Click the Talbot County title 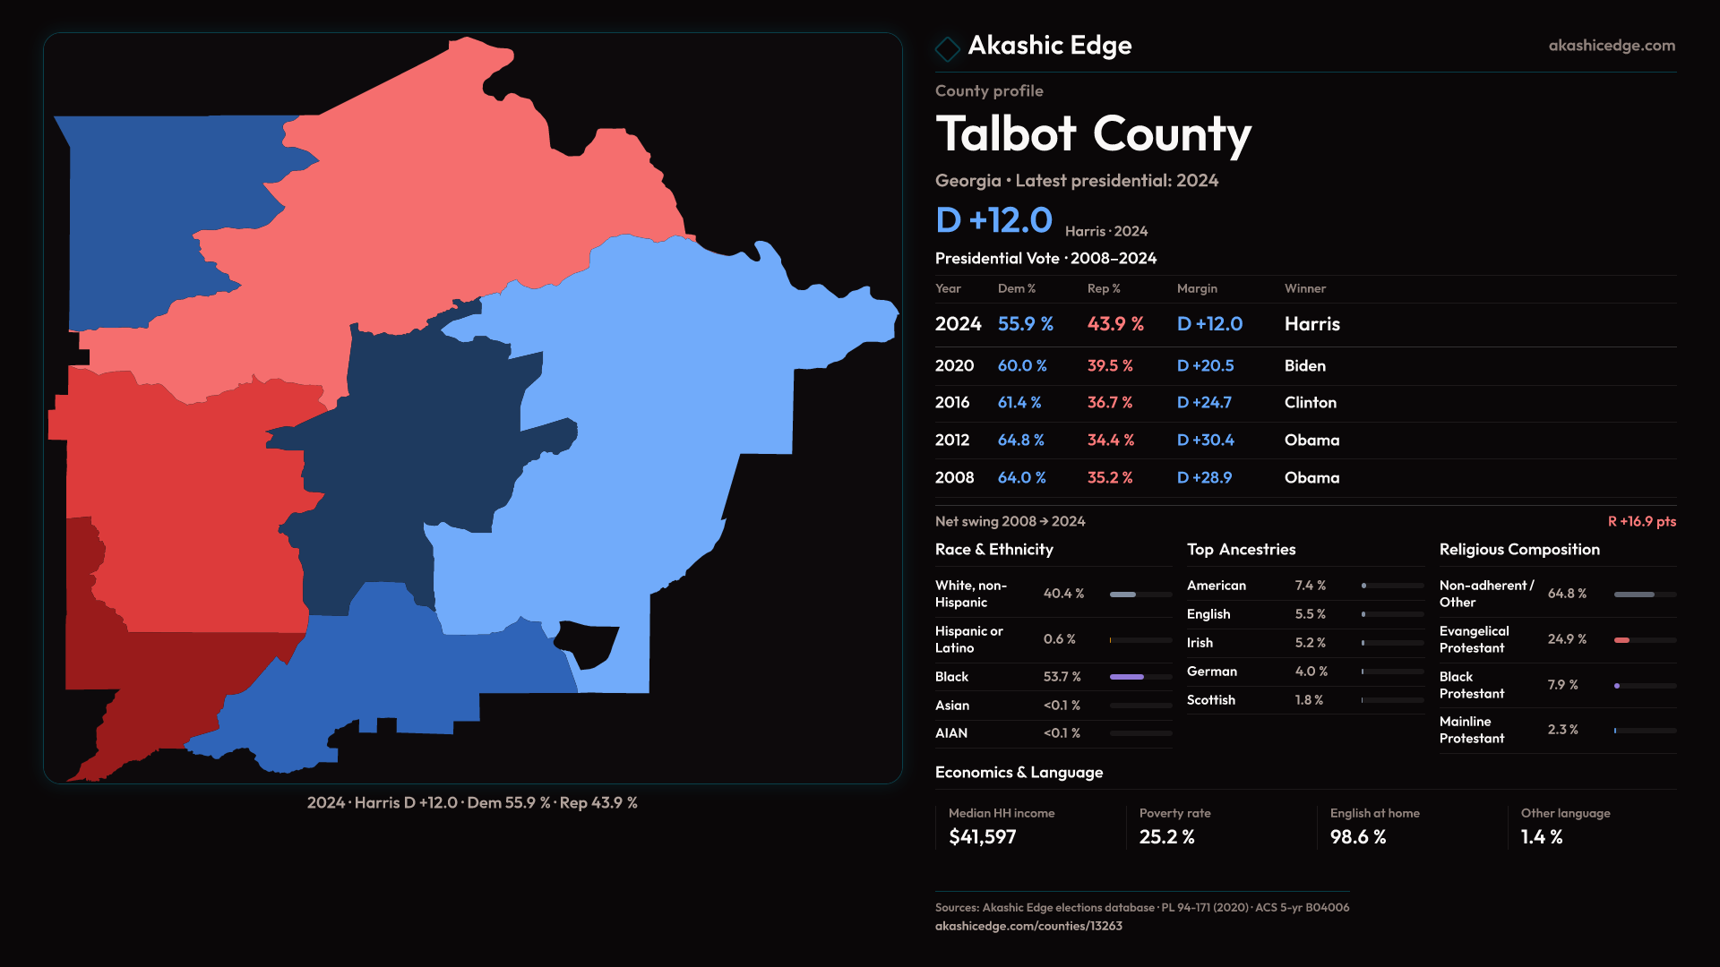(x=1093, y=134)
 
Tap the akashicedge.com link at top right (x=1612, y=46)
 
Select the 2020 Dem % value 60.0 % (x=1022, y=366)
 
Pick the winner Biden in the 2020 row (x=1304, y=366)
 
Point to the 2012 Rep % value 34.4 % (x=1110, y=441)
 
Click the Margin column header (x=1197, y=288)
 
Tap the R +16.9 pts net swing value (x=1641, y=521)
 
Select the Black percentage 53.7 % (x=1062, y=677)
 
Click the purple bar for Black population (x=1126, y=677)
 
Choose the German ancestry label (x=1211, y=672)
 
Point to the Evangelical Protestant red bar (x=1621, y=640)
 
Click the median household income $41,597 (x=982, y=837)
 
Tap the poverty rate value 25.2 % (x=1166, y=837)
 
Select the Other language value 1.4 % (x=1541, y=837)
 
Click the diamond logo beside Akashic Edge (x=947, y=47)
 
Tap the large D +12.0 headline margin (x=993, y=220)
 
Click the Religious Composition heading (x=1519, y=550)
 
